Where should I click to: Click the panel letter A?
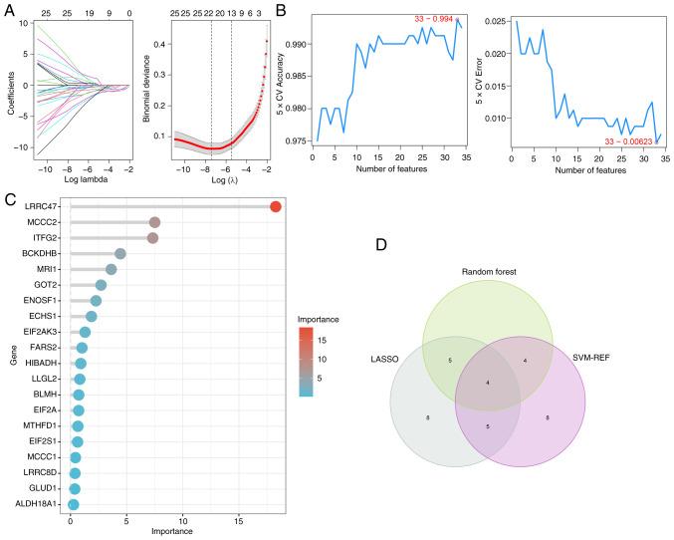(x=8, y=9)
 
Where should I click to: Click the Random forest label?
(x=488, y=272)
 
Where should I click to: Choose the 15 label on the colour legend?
(x=320, y=341)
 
